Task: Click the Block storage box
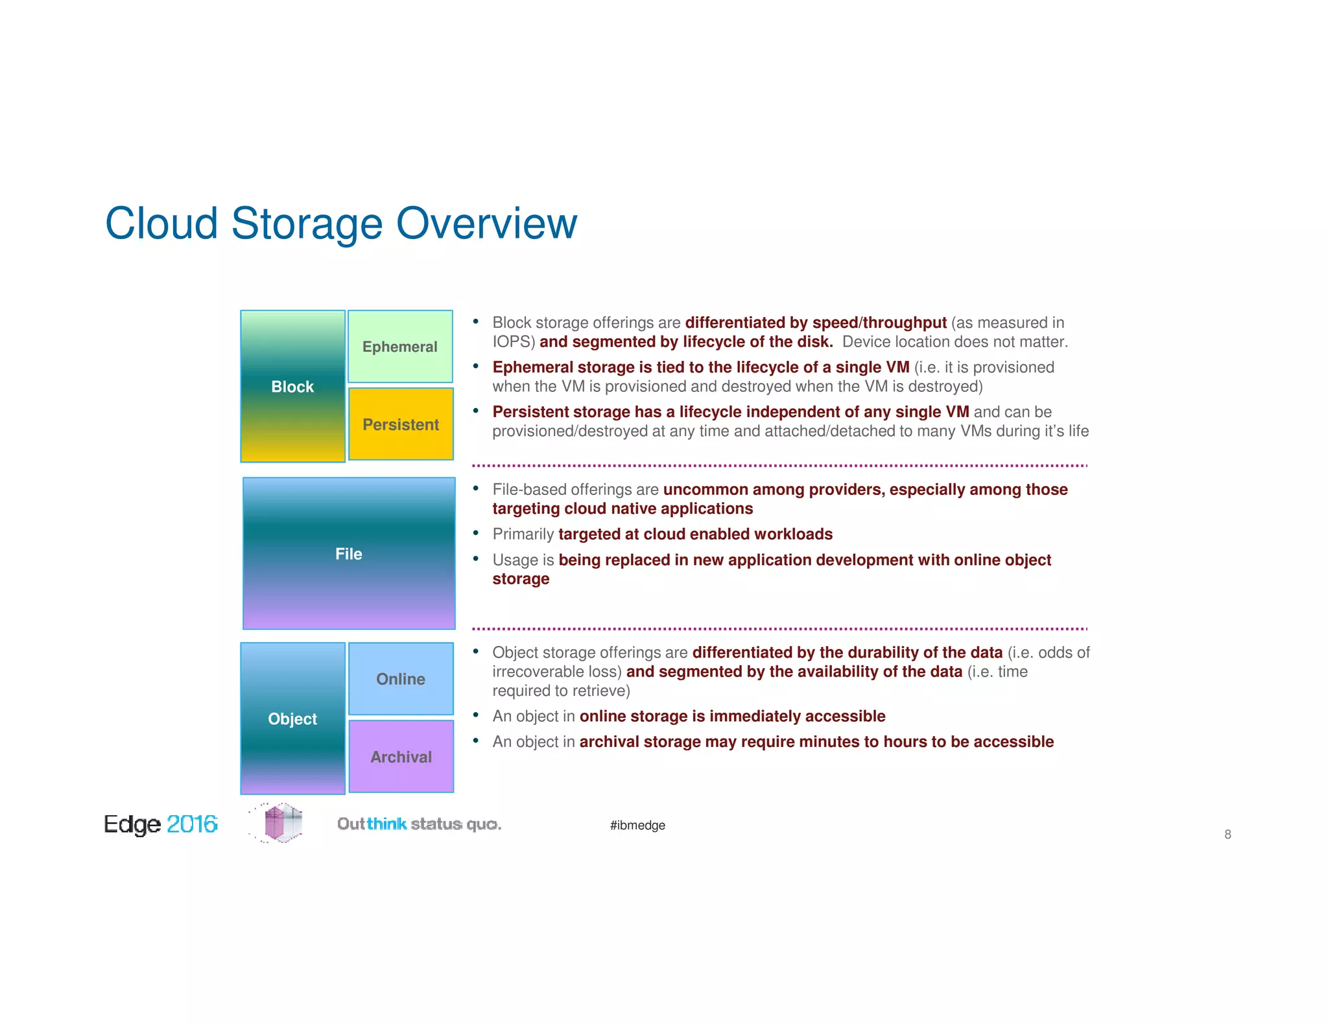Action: tap(292, 386)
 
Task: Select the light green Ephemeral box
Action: tap(400, 347)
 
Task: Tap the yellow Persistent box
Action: tap(401, 424)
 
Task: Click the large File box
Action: tap(349, 553)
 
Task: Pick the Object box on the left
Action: tap(292, 719)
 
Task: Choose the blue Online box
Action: tap(401, 679)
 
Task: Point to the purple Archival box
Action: tap(401, 757)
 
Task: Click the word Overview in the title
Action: tap(486, 224)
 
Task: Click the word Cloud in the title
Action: tap(161, 224)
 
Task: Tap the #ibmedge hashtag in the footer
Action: tap(637, 825)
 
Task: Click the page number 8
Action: tap(1227, 835)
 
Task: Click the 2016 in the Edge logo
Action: tap(192, 824)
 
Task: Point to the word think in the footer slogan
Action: tap(386, 824)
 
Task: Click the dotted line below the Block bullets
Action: tap(778, 465)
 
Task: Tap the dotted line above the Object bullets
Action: tap(778, 628)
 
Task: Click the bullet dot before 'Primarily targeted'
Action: tap(475, 533)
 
